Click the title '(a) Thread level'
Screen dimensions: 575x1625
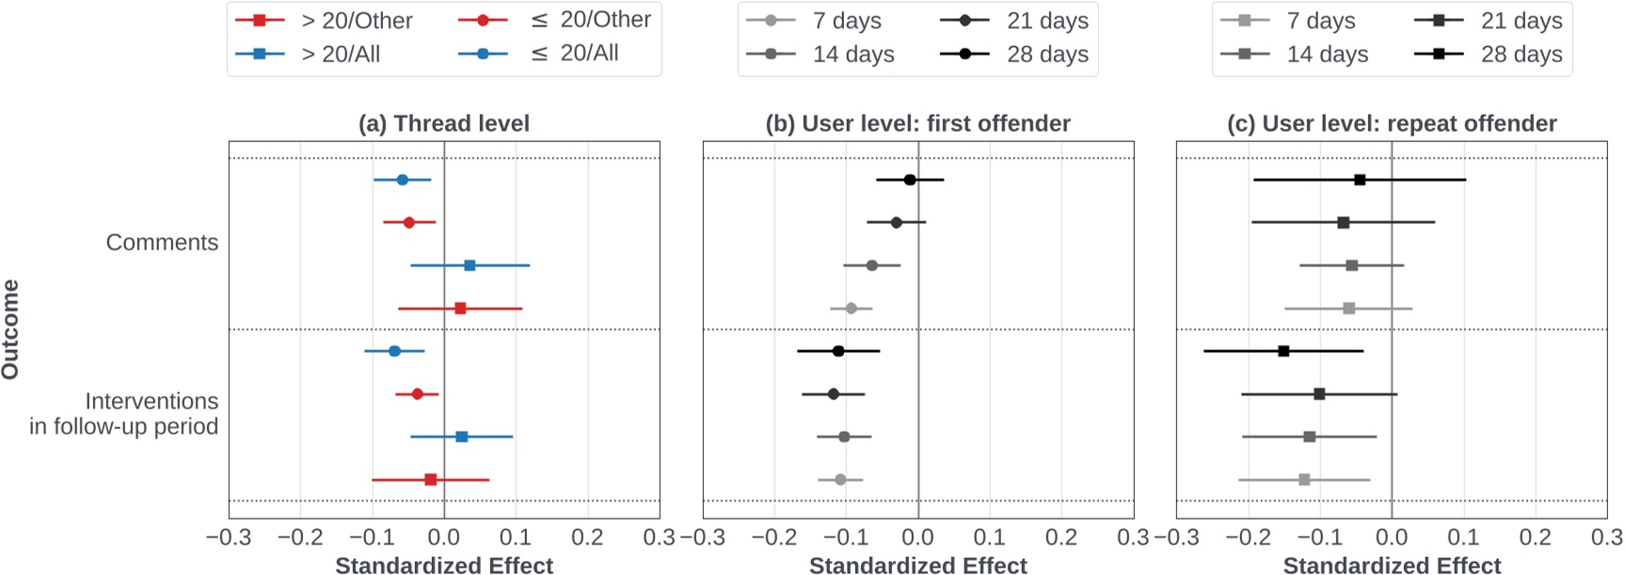(x=443, y=123)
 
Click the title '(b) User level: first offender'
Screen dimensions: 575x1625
(x=917, y=123)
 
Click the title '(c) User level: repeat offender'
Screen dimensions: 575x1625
(x=1392, y=123)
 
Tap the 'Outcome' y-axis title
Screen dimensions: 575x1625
(x=11, y=329)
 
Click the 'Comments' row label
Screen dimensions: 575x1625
(x=162, y=242)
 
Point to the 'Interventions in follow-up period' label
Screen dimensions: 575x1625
(x=124, y=414)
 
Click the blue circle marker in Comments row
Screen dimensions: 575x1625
(x=403, y=180)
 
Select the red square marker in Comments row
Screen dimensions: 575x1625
(x=460, y=309)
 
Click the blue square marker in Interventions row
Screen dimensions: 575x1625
(x=461, y=437)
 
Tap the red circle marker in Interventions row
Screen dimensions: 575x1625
(x=418, y=393)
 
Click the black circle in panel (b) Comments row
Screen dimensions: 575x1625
(x=909, y=180)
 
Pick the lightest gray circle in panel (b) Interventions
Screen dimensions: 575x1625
(x=840, y=480)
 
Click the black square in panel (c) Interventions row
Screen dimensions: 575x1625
(x=1283, y=351)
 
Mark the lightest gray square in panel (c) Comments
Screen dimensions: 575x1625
(x=1348, y=309)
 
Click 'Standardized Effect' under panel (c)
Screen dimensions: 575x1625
(x=1392, y=566)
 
